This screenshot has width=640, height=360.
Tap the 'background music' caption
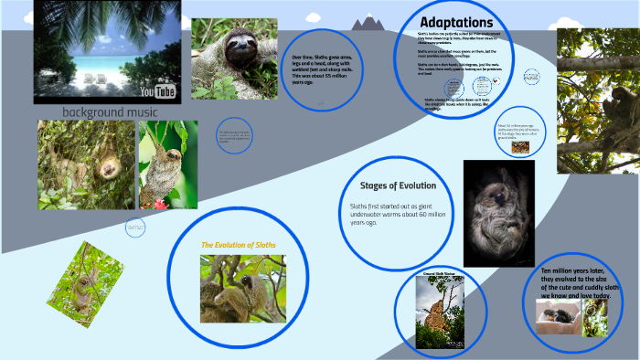[110, 111]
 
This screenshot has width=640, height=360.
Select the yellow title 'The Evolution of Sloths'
[239, 245]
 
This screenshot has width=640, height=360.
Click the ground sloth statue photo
[435, 310]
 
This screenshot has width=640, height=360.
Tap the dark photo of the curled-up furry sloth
[498, 213]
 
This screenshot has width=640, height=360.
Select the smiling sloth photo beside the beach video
[233, 59]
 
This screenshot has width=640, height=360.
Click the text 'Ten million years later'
[574, 271]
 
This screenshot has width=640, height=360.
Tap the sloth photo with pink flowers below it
[167, 164]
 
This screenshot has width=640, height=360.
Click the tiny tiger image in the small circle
[519, 146]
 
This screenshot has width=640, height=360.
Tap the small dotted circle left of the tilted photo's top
[134, 228]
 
